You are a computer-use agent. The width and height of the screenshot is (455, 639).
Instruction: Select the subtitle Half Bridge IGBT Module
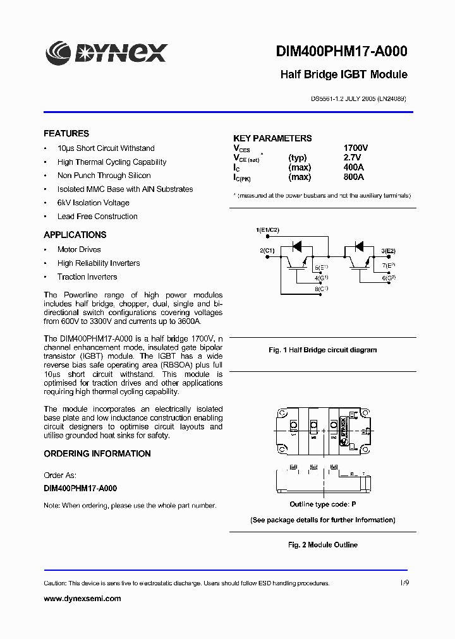(343, 75)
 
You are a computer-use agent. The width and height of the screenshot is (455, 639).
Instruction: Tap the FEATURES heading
(66, 134)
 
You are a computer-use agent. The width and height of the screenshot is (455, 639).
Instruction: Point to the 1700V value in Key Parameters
(355, 148)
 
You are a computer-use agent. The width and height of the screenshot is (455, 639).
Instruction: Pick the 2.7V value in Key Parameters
(352, 157)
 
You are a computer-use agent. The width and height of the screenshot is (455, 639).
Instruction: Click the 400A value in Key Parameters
(353, 167)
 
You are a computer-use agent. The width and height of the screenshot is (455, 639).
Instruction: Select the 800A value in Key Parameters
(353, 177)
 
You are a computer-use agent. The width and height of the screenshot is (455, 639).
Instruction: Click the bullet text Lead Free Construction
(97, 217)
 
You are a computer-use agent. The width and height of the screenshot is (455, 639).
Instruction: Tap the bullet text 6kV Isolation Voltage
(93, 203)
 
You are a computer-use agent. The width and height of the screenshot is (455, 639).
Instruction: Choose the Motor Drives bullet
(79, 249)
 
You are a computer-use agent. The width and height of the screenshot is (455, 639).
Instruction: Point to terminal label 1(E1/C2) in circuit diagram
(267, 230)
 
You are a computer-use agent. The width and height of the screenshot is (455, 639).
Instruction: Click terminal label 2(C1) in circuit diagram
(267, 251)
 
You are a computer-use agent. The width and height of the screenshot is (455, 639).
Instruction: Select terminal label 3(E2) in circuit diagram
(388, 251)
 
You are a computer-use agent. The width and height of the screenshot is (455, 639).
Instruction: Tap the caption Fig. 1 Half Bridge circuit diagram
(323, 350)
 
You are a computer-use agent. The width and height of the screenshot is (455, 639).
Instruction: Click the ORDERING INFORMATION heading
(97, 454)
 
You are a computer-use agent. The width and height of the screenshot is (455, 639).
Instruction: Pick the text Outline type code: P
(323, 505)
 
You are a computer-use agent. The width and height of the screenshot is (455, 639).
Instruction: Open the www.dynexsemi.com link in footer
(82, 599)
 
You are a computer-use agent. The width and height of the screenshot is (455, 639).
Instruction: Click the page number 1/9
(404, 583)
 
